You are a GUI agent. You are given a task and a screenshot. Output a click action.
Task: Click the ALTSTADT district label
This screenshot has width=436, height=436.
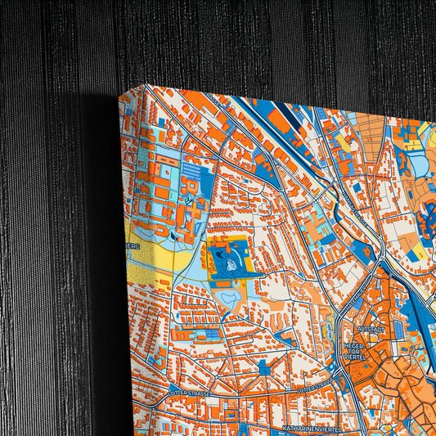(371, 329)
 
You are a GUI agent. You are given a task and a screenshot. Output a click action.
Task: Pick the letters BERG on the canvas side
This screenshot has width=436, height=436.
(133, 245)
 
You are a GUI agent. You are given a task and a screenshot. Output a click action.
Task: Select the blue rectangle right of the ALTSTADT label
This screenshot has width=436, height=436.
(398, 328)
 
